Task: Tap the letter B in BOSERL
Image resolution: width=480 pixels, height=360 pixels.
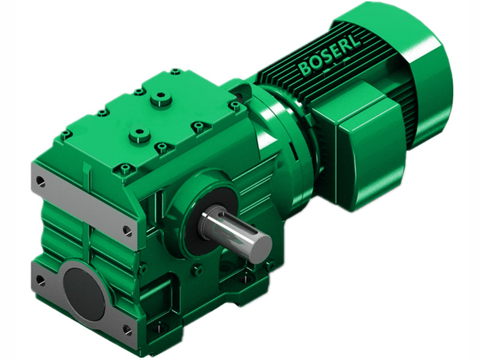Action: (x=305, y=68)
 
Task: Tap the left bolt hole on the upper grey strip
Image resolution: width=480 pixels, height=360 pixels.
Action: (x=40, y=179)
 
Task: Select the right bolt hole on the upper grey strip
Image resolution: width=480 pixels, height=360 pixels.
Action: (x=127, y=229)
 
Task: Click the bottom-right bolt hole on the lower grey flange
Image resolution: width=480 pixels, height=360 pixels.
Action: (x=127, y=329)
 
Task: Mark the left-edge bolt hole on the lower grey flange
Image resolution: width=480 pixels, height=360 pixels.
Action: (x=40, y=279)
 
